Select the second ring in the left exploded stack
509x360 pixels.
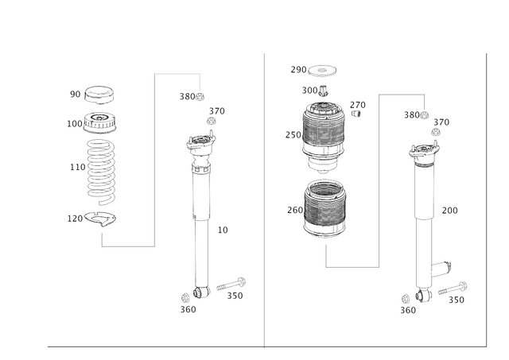pos(100,122)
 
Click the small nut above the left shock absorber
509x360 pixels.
pos(212,118)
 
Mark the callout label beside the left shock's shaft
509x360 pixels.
pos(223,230)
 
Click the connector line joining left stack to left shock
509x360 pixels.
pos(153,159)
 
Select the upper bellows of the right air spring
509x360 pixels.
pos(325,132)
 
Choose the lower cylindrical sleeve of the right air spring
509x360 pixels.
pos(325,208)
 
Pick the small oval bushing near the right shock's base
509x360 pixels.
pos(441,266)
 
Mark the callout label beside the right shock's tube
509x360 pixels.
pos(449,211)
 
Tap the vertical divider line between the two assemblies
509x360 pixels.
pos(263,199)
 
